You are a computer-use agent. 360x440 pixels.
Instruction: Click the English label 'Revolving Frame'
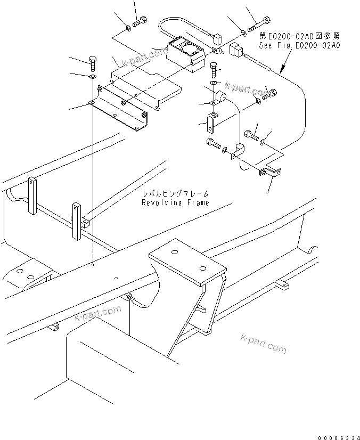point(175,202)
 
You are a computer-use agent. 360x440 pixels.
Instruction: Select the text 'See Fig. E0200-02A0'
point(299,45)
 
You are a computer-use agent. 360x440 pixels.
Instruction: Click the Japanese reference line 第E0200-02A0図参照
point(299,36)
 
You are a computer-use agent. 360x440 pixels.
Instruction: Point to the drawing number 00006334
point(338,437)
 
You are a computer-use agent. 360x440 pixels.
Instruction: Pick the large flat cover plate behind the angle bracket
point(146,85)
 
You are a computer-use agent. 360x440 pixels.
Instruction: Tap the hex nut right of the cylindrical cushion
point(270,93)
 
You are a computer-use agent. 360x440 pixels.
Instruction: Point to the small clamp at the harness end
point(269,172)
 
